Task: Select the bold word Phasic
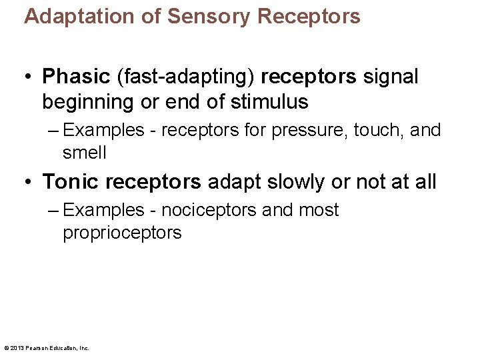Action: point(75,77)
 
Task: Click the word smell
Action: point(85,153)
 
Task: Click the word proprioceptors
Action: point(122,233)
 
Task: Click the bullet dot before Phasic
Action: point(31,78)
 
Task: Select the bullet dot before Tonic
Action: point(31,182)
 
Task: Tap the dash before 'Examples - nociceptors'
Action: point(55,210)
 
